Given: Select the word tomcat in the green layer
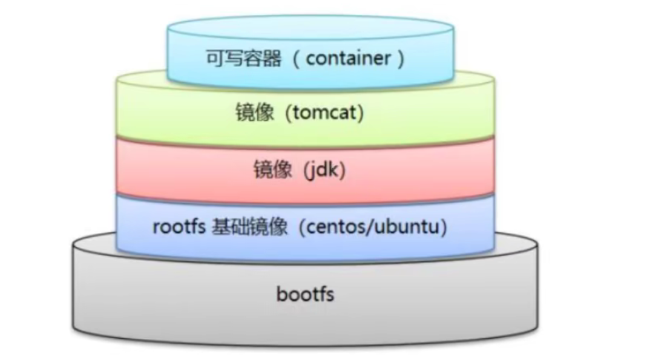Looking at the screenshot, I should click(326, 113).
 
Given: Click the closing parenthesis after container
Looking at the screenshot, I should click(399, 59).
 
